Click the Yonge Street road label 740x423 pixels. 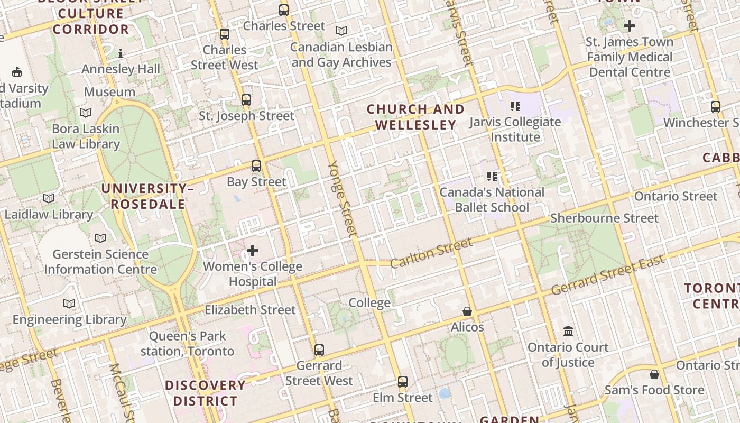(343, 198)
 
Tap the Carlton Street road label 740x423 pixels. (431, 253)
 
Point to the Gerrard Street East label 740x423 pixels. (607, 276)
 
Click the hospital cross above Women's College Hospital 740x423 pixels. (253, 250)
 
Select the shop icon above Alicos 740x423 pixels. (467, 311)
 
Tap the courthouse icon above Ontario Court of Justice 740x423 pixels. (568, 332)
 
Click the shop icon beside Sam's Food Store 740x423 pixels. (654, 374)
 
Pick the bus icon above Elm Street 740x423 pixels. (403, 381)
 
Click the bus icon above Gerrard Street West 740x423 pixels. (319, 350)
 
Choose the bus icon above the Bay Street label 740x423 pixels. (256, 166)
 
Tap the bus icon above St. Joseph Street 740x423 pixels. (246, 99)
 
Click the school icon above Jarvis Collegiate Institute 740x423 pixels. (515, 106)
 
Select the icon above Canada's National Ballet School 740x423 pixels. (492, 176)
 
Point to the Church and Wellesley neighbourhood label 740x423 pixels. (415, 117)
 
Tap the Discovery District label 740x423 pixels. (205, 393)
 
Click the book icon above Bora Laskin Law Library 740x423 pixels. (86, 113)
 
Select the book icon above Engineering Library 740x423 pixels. (69, 304)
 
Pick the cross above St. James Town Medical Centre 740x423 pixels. (629, 25)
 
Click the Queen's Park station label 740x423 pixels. (188, 343)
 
